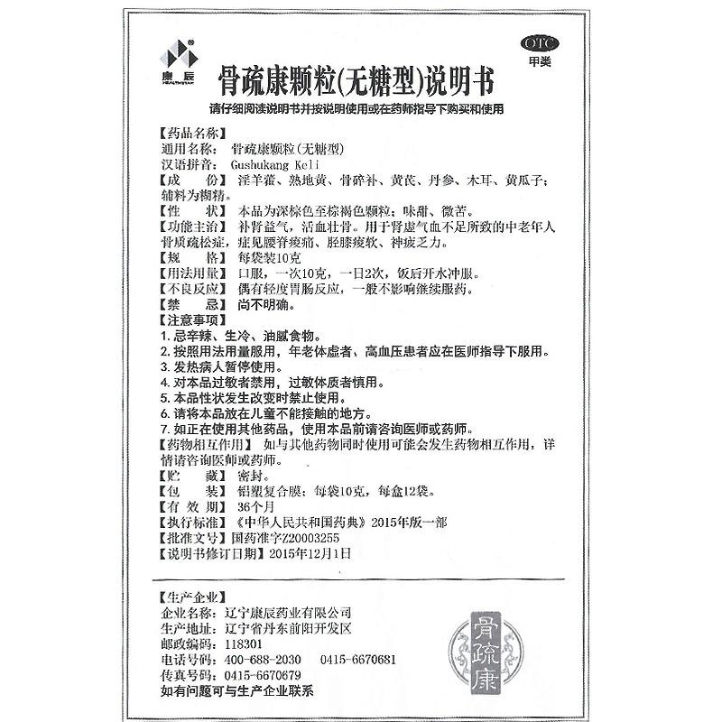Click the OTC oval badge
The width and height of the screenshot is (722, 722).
click(541, 43)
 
